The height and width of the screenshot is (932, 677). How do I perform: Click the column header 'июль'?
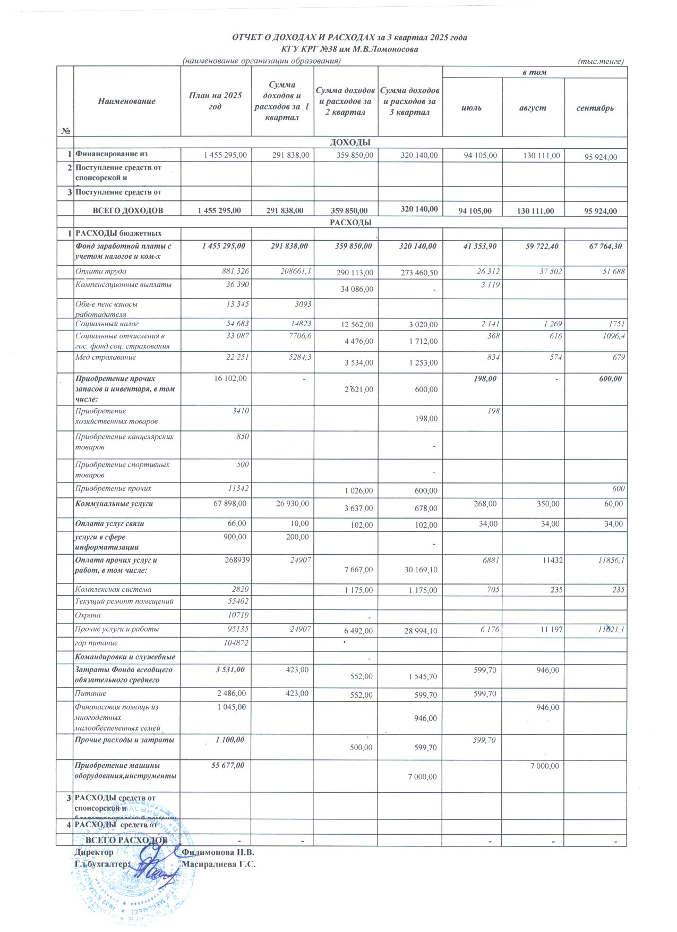[472, 108]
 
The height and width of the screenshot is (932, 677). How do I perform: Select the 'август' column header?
[533, 108]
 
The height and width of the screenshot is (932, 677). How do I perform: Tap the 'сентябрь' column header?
[595, 108]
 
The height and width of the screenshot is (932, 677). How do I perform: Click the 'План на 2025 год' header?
[215, 101]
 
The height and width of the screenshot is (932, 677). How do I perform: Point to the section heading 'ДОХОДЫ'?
[350, 142]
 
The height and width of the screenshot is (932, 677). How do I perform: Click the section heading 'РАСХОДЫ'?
[350, 223]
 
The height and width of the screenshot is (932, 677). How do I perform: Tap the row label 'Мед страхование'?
[105, 358]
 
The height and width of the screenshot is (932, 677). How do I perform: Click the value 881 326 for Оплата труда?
[236, 272]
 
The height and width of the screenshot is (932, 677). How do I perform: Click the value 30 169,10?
[419, 570]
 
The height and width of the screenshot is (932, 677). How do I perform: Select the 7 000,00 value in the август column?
[544, 766]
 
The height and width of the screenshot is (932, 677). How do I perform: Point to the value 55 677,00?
[228, 766]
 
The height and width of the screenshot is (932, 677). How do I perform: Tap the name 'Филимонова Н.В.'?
[218, 852]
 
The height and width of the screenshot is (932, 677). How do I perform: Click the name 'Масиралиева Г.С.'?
[219, 864]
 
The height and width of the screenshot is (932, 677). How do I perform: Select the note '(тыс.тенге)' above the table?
[600, 61]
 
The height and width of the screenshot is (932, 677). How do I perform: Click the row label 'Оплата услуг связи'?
[109, 524]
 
